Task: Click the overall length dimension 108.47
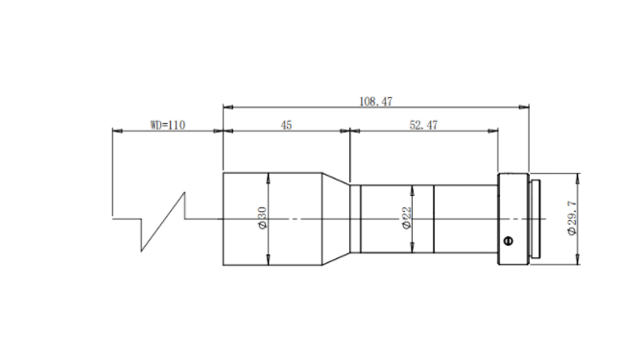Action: (x=375, y=102)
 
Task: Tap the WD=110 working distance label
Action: (x=168, y=125)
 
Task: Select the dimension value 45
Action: (x=286, y=126)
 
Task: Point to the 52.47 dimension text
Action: (x=423, y=126)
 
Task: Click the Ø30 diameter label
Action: (x=262, y=218)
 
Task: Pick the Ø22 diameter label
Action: (x=407, y=218)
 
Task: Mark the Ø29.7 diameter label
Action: (x=572, y=218)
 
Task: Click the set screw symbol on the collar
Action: (x=509, y=241)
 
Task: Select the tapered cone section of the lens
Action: (x=336, y=219)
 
